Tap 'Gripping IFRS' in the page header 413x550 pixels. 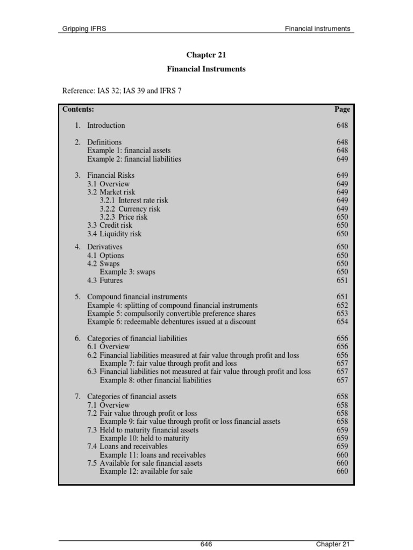coord(84,28)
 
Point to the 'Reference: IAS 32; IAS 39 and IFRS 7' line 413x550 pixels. coord(122,90)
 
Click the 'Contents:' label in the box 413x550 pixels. coord(78,109)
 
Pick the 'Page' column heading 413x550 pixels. coord(342,109)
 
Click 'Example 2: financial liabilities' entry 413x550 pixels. coord(134,159)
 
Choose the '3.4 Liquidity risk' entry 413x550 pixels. coord(115,234)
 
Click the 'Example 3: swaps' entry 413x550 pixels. coord(127,272)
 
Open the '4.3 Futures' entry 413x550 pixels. coord(105,280)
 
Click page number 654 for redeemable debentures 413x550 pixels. coord(342,322)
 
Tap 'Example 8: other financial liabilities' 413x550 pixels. coord(155,380)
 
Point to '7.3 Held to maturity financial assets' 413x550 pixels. coord(143,430)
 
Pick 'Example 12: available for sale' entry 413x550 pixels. coord(146,472)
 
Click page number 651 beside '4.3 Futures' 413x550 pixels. coord(342,280)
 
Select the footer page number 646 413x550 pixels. coord(206,544)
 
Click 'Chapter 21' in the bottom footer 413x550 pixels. coord(333,544)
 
